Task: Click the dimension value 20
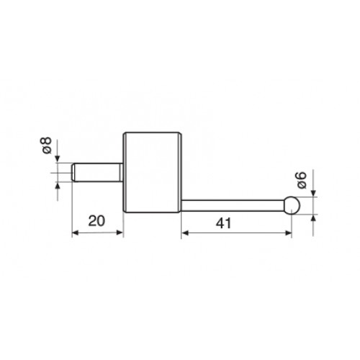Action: [x=96, y=221]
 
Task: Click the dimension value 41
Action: [x=223, y=223]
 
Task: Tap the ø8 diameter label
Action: [x=47, y=145]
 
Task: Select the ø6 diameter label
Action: [x=302, y=180]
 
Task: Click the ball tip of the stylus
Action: [x=292, y=205]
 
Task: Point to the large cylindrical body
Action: [x=153, y=172]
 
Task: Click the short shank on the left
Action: [x=98, y=172]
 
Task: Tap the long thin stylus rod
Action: [x=233, y=205]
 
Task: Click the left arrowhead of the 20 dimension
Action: [x=76, y=233]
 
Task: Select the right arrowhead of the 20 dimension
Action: [x=120, y=233]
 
